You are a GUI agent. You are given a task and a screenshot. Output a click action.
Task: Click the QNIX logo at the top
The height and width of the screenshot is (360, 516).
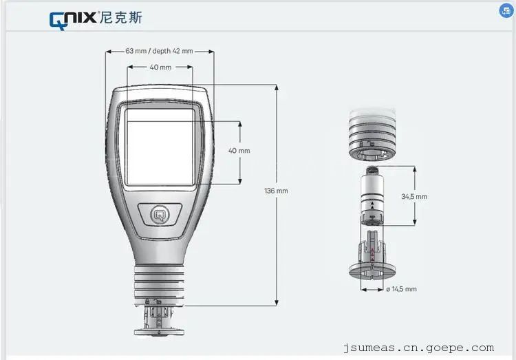pos(73,20)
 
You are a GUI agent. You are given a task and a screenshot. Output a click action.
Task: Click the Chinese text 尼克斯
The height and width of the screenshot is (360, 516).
pos(121,17)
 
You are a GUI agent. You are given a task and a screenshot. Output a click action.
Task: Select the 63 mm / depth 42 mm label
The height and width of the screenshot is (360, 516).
pos(160,51)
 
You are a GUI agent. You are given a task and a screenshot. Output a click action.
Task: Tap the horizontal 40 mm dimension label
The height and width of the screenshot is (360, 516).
pos(160,67)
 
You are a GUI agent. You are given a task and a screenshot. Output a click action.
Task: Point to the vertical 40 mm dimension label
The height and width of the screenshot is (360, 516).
pos(239,151)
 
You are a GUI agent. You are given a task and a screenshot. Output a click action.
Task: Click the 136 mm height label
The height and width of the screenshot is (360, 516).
pos(276,191)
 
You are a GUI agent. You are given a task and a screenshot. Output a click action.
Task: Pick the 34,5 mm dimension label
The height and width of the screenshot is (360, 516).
pos(414,197)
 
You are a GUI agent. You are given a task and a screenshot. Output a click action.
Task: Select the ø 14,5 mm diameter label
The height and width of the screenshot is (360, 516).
pos(402,289)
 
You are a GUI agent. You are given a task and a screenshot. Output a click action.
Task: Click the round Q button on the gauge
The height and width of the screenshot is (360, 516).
pos(160,215)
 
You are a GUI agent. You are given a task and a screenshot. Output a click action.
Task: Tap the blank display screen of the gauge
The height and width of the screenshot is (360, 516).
pos(160,147)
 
